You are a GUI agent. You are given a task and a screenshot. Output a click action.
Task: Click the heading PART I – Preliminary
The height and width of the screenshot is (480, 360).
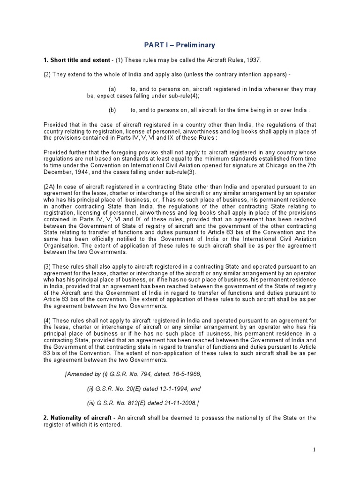tap(180, 45)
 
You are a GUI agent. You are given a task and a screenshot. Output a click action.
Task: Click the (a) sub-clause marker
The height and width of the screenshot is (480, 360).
tap(112, 89)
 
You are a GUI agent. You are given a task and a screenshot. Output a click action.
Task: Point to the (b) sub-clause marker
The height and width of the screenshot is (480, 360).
tap(112, 110)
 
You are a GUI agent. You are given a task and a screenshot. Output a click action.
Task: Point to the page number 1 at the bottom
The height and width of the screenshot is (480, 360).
tap(315, 450)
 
